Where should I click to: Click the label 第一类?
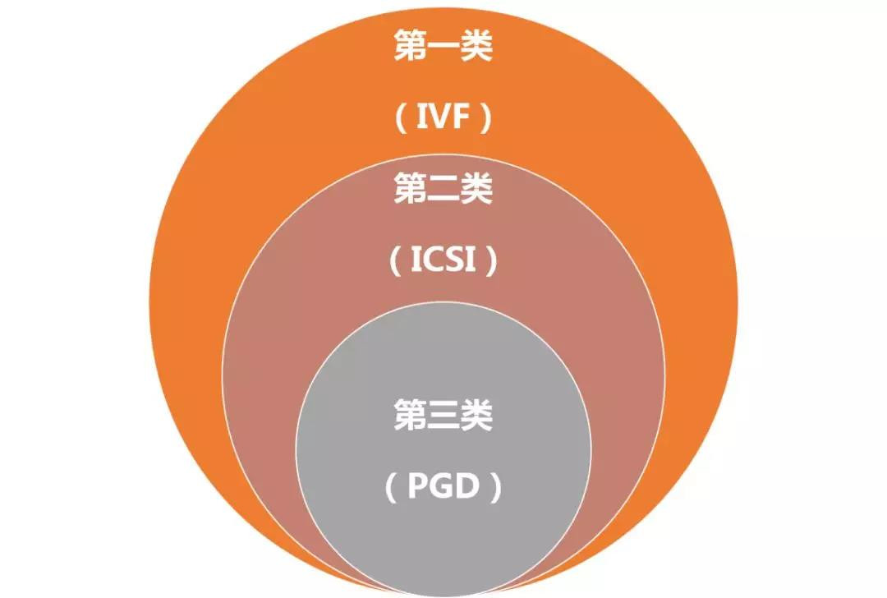coord(443,47)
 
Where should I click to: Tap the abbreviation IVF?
coord(443,120)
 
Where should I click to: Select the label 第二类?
coord(443,191)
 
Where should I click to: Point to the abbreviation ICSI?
coord(443,262)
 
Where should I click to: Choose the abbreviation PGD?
coord(443,488)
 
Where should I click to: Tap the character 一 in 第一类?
coord(443,48)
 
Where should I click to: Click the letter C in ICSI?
coord(434,262)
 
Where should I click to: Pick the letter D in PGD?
coord(467,488)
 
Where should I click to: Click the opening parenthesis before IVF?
coord(400,121)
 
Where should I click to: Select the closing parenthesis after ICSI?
coord(491,263)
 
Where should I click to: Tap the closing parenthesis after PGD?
coord(495,489)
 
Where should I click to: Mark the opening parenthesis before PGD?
coord(392,489)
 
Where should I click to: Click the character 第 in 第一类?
coord(410,47)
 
